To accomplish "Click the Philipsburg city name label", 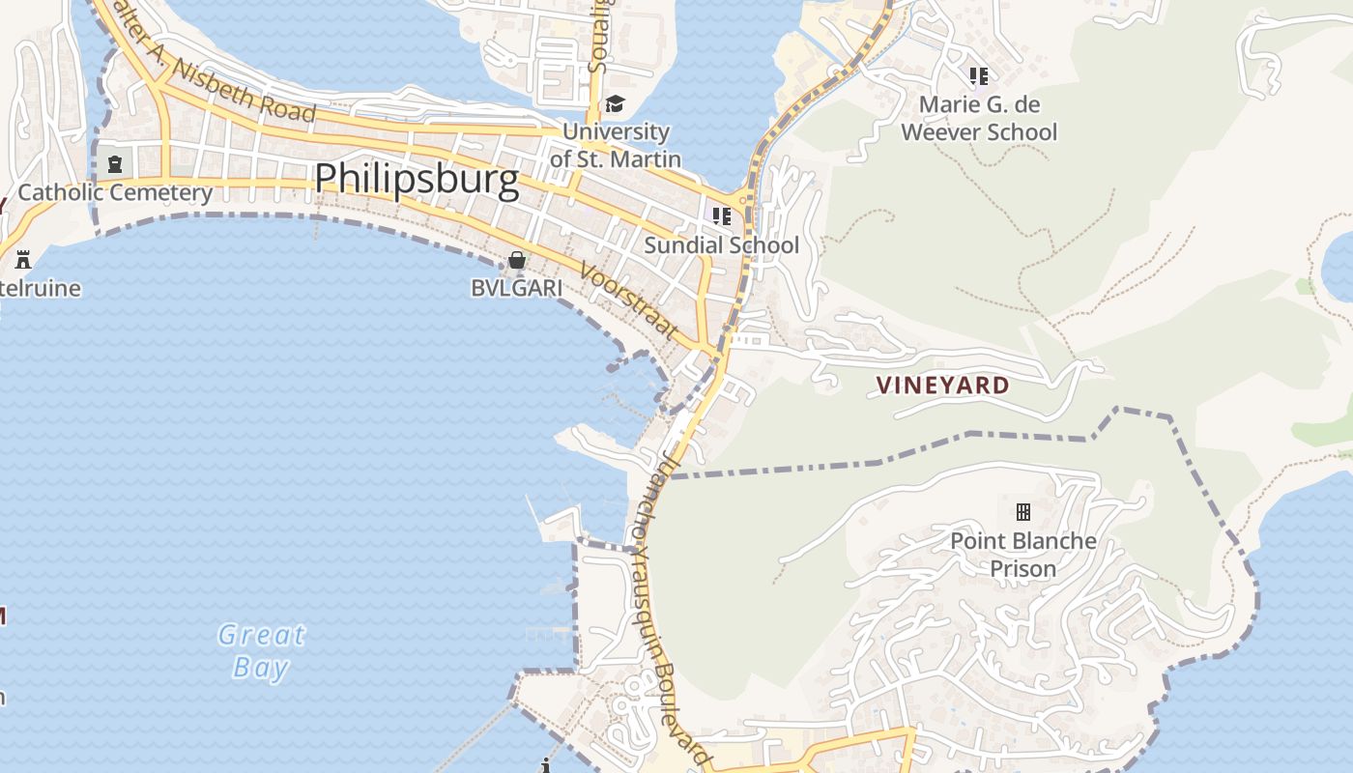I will click(417, 179).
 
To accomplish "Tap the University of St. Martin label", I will click(616, 145).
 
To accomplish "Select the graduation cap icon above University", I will click(615, 104).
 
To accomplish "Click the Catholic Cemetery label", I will click(115, 192).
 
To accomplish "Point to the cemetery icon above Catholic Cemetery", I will click(115, 164).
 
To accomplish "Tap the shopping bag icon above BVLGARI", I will click(517, 260).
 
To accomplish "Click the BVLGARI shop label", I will click(516, 288).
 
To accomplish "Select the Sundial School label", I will click(721, 244).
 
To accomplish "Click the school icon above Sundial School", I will click(721, 216).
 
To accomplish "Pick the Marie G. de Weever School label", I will click(979, 118).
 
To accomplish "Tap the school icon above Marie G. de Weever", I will click(979, 75).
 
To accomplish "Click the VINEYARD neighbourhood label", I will click(942, 386).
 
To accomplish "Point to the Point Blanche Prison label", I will click(1023, 554).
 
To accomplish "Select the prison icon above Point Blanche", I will click(1022, 511).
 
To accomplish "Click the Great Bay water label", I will click(261, 650).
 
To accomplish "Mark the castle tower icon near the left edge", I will click(23, 259).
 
